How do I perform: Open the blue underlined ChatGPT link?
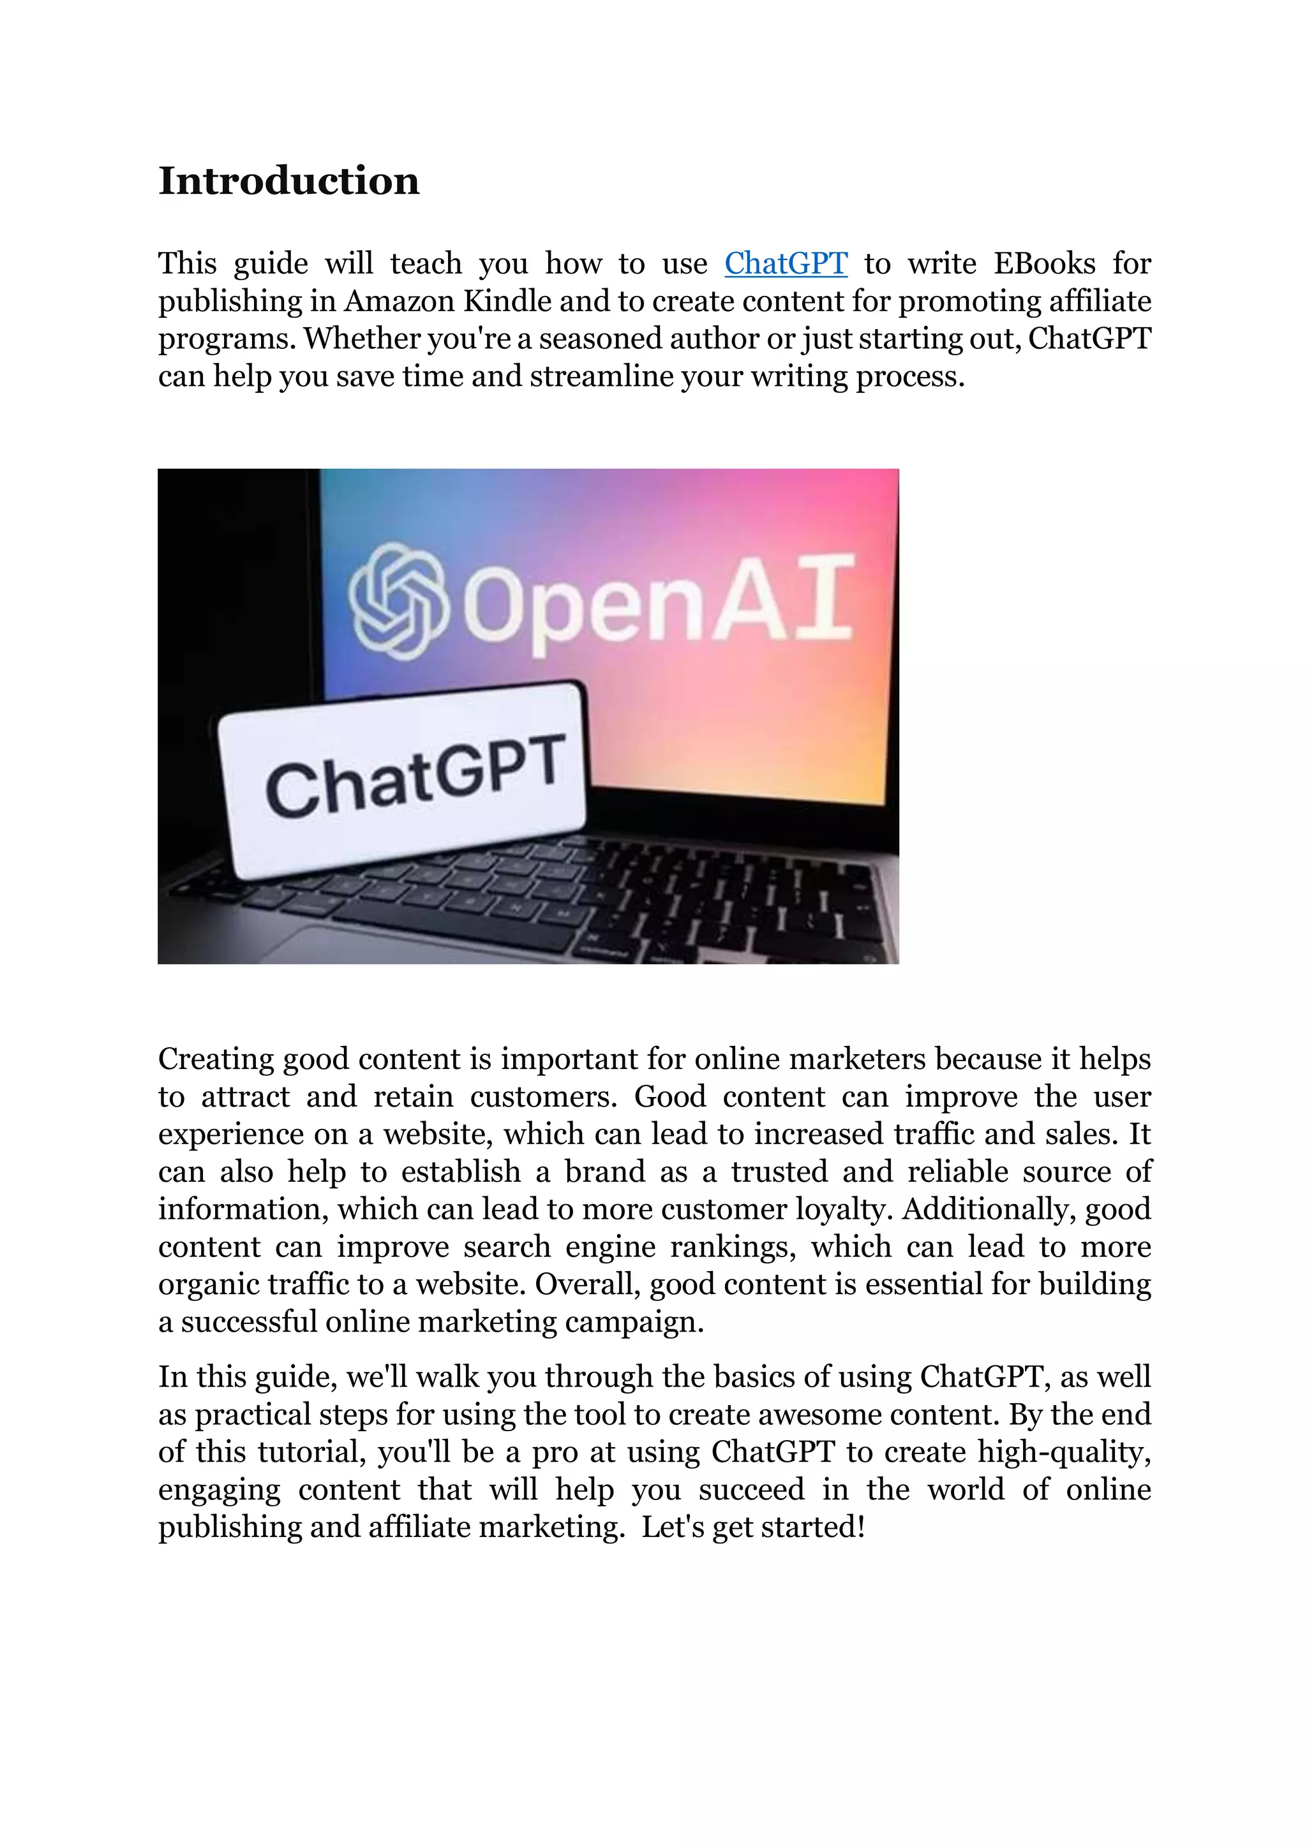pos(786,264)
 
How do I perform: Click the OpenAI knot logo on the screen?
pos(398,600)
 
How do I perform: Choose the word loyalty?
pos(839,1209)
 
